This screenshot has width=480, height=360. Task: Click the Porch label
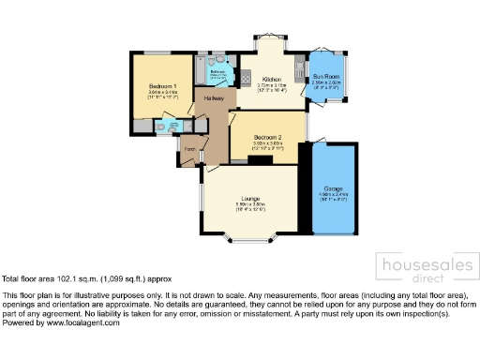point(188,148)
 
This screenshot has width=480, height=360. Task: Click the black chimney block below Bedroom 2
point(260,160)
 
